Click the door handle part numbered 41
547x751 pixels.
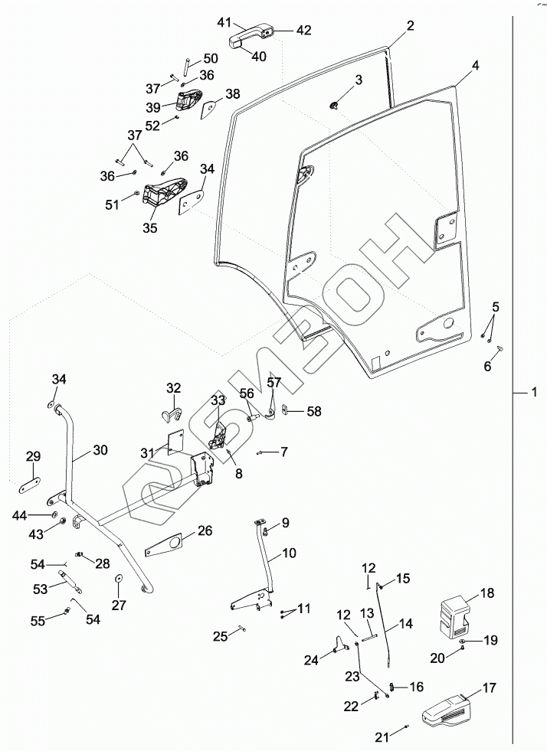click(x=250, y=37)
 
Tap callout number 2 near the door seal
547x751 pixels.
click(x=410, y=25)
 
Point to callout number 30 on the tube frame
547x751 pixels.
click(x=100, y=449)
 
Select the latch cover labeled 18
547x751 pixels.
click(x=454, y=615)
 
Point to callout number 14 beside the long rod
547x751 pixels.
click(x=405, y=624)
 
